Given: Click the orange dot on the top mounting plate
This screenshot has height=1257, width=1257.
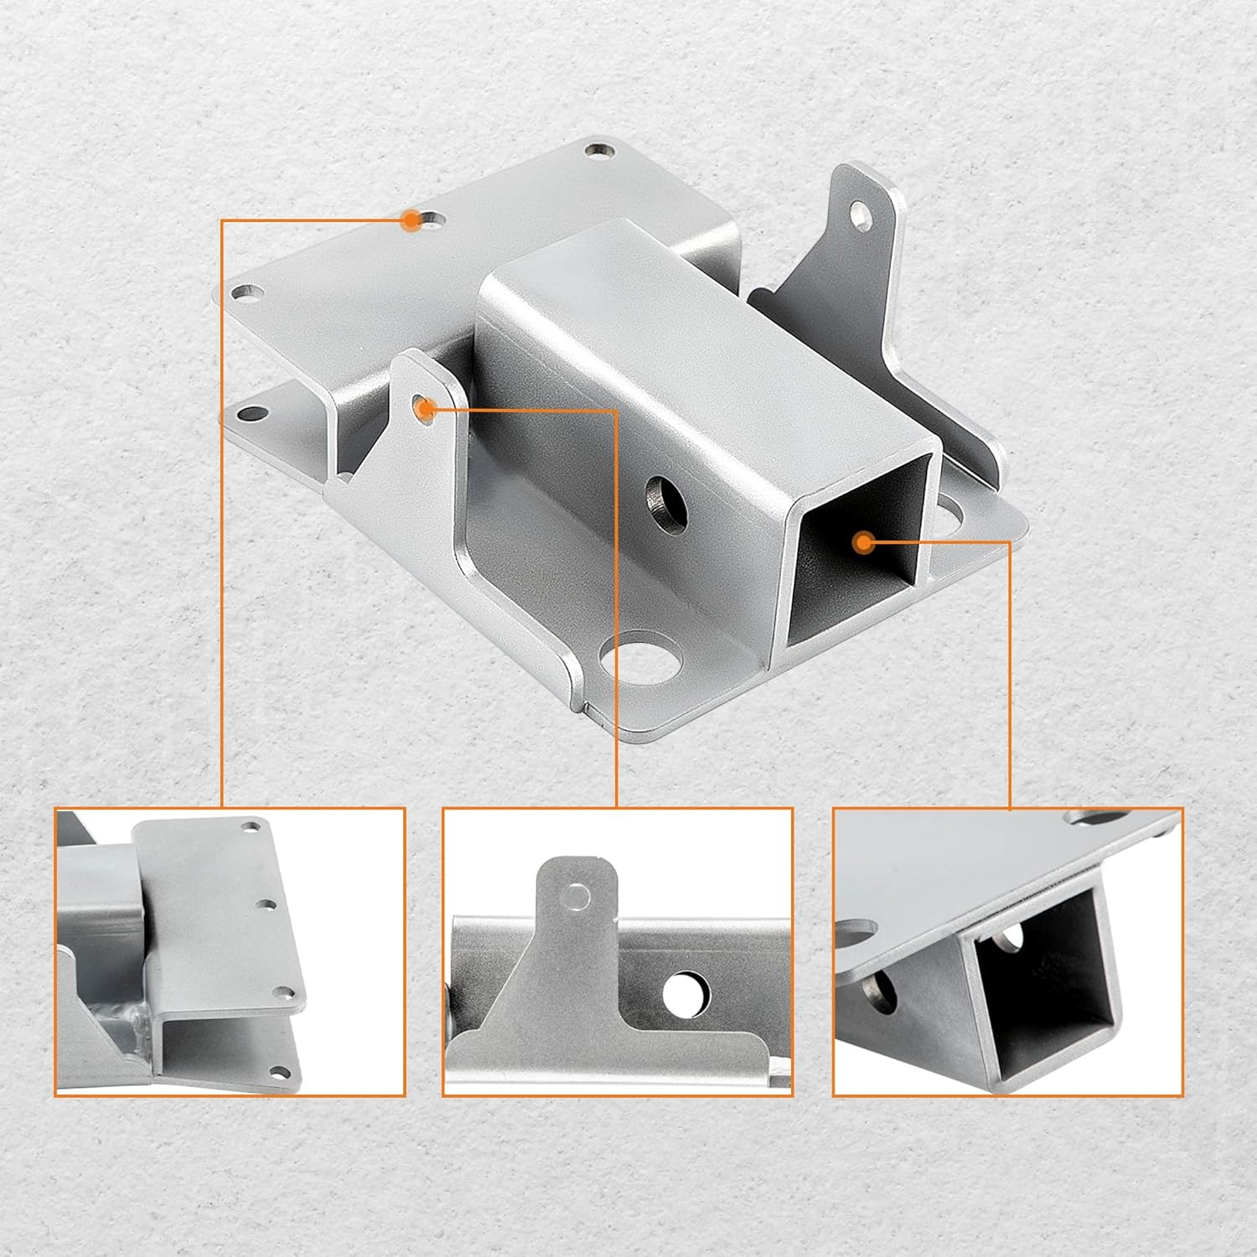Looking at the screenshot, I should tap(411, 220).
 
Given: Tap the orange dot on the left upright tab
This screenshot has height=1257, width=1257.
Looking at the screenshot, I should tap(426, 409).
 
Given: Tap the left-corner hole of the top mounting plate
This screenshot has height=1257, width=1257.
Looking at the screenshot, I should tap(246, 292).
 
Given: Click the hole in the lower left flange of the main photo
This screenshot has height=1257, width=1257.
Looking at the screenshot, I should tap(251, 414).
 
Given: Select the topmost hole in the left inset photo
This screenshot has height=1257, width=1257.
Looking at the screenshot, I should tap(250, 827).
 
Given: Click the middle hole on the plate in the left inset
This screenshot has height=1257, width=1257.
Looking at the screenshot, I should tap(267, 905).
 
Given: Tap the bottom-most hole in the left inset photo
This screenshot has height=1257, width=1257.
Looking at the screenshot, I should tap(279, 1069).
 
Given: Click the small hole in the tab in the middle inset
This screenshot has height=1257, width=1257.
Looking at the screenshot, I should tap(577, 897).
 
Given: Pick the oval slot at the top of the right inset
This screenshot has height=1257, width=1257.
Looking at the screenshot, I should tap(1094, 817).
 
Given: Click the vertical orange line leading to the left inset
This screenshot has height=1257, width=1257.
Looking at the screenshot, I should tap(222, 503).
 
